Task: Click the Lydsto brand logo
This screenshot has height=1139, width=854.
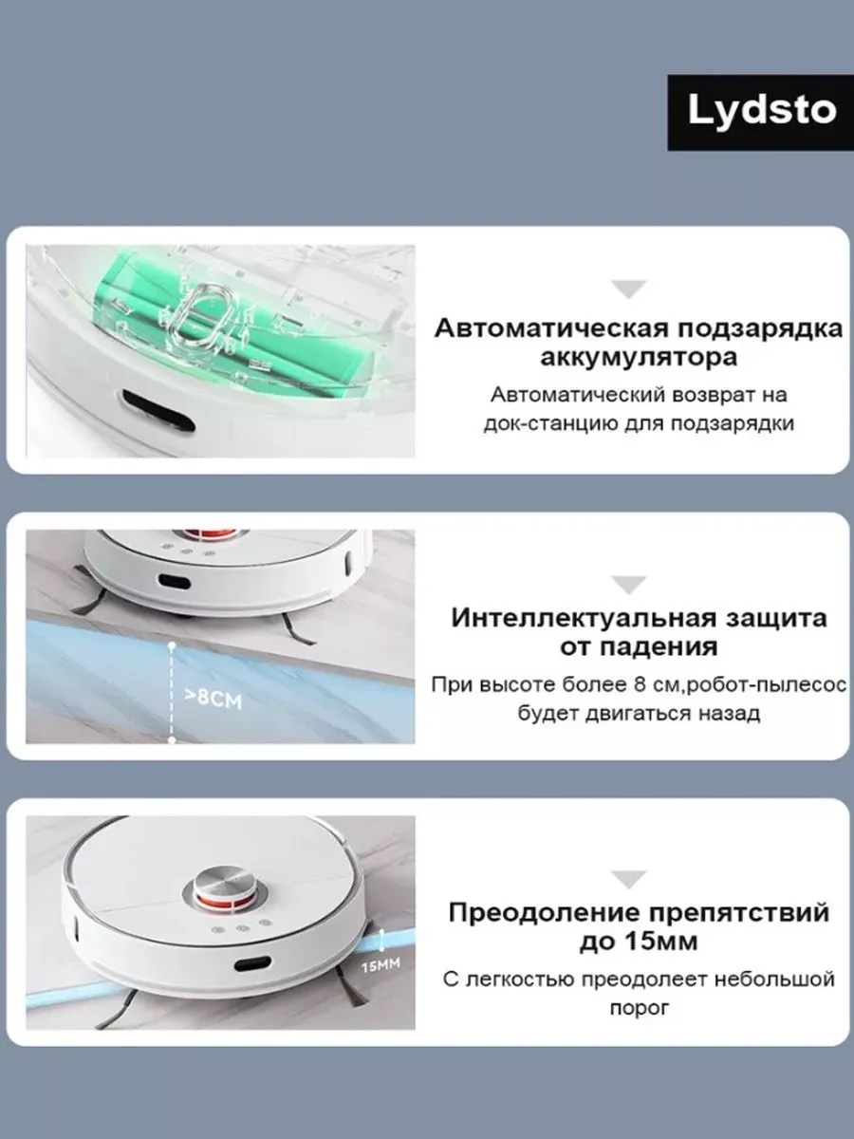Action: pos(761,113)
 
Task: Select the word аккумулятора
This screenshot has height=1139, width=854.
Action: pos(639,358)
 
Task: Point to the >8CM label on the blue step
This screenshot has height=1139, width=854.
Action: pos(213,700)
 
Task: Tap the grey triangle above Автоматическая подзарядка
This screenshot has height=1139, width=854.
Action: pos(629,289)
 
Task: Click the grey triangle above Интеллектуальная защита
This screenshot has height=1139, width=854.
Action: pos(629,585)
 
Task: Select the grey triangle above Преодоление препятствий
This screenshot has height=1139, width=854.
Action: pos(629,880)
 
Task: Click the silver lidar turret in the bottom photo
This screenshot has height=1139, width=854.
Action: pos(226,886)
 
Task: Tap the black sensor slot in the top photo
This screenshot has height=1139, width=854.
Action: pos(158,410)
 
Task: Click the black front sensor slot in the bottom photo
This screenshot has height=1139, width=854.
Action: pos(252,963)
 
